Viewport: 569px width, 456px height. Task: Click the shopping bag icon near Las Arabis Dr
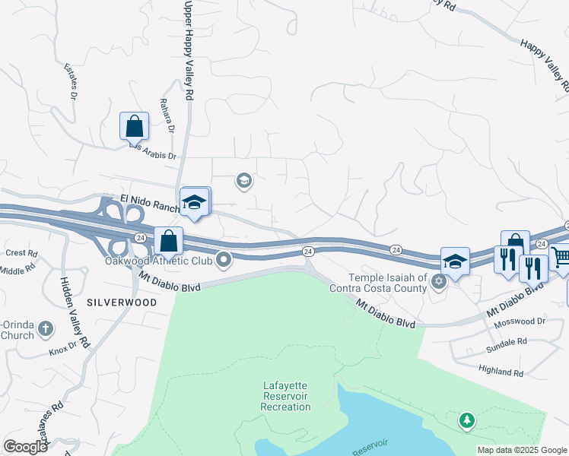point(134,126)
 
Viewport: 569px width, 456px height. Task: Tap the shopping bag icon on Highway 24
point(169,241)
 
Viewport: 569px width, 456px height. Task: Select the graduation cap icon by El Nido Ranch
point(194,202)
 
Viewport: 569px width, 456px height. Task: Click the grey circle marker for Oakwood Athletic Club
point(224,261)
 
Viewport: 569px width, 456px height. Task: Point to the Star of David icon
point(437,283)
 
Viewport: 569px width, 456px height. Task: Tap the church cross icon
point(46,329)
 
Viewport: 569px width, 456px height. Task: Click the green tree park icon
point(466,420)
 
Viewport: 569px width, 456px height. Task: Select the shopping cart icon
point(561,258)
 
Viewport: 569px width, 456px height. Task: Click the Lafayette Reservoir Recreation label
point(286,397)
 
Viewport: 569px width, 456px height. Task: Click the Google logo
point(25,446)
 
